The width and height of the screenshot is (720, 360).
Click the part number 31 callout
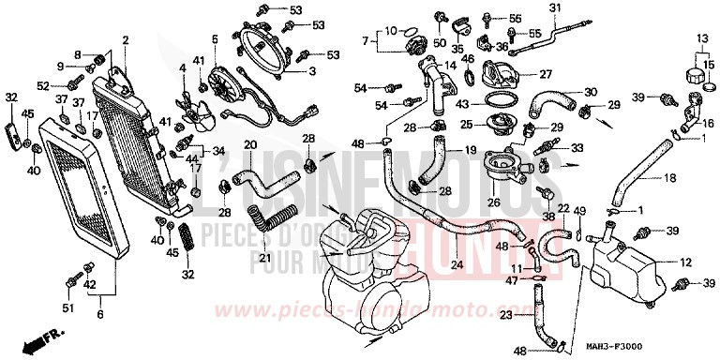tap(553, 9)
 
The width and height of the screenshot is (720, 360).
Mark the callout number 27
tap(546, 73)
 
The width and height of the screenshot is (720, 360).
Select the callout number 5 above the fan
tap(214, 38)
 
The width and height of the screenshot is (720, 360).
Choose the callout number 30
tap(591, 92)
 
